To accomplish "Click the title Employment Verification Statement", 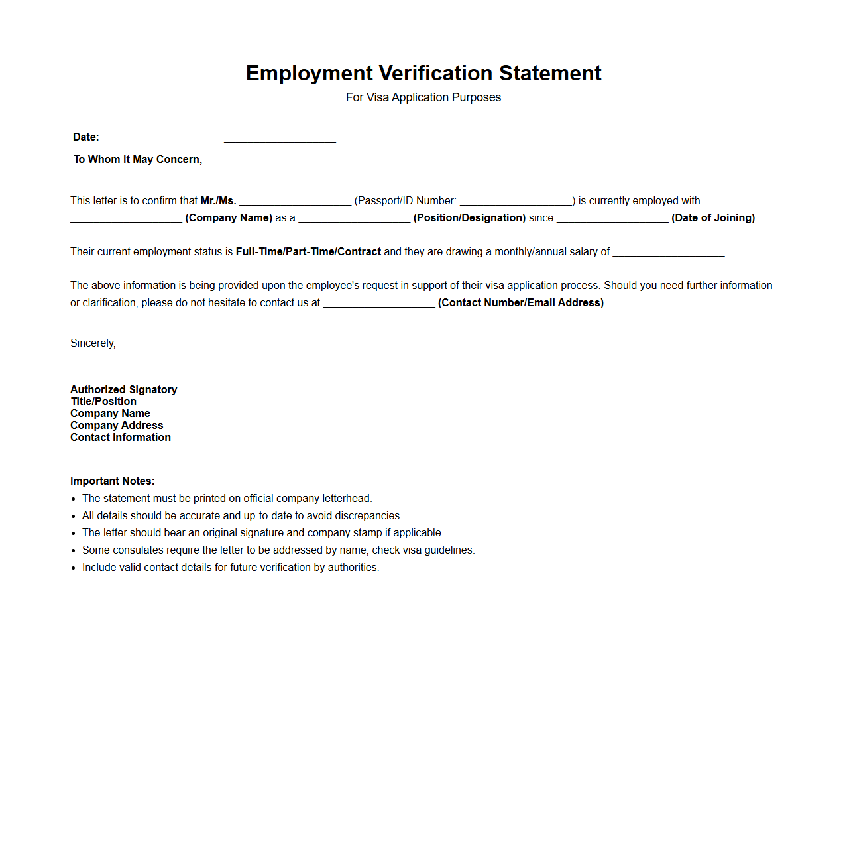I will [x=423, y=73].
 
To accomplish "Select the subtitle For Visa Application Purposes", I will [x=423, y=97].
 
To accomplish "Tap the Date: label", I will [x=86, y=137].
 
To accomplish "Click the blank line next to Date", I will [x=280, y=138].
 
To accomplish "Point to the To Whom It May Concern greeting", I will [x=138, y=160].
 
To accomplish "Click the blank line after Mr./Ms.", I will [x=295, y=202].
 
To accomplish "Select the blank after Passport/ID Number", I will [x=516, y=202].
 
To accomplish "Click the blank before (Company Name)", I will [x=126, y=219].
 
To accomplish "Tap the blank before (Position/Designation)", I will [x=354, y=219].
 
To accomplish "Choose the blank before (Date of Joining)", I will [x=612, y=219].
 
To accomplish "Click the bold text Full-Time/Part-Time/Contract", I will [x=308, y=252].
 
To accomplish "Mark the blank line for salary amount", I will [x=668, y=253].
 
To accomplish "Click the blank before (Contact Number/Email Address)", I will [x=379, y=304].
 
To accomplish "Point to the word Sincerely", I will [x=93, y=343].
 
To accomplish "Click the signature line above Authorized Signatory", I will [x=144, y=379].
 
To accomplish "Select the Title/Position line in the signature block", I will [x=103, y=402].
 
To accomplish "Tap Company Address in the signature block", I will [x=117, y=426].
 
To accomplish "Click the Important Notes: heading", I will [x=113, y=481].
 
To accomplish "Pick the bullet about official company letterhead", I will [x=227, y=499].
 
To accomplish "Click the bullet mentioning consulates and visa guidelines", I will [x=278, y=550].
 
